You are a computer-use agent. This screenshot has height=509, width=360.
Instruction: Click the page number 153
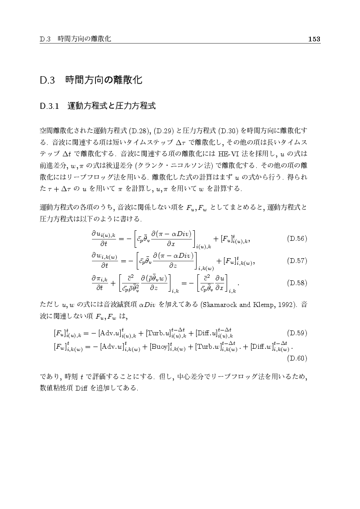(x=314, y=39)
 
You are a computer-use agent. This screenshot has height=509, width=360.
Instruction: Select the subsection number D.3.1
(x=49, y=106)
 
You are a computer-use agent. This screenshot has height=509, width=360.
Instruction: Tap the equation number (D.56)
(x=298, y=239)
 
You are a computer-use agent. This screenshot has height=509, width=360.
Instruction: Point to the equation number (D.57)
(x=298, y=261)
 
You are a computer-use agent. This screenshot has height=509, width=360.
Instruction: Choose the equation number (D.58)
(x=298, y=283)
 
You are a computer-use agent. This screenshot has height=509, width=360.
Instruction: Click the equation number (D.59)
(x=298, y=333)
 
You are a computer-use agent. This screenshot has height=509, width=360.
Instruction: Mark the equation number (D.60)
(x=298, y=358)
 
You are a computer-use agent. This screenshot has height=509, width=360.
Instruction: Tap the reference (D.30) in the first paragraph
(x=228, y=130)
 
